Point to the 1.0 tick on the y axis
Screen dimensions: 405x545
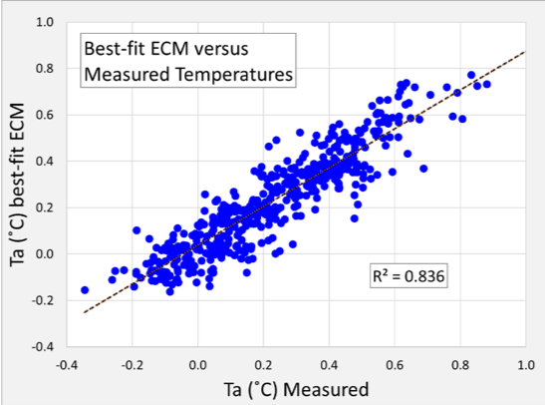[46, 21]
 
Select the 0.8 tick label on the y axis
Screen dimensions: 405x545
[46, 68]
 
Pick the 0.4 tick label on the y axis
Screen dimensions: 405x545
[46, 161]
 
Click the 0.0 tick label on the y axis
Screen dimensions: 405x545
[46, 253]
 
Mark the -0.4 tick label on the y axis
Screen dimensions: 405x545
[44, 346]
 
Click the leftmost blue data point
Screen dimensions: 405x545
[85, 290]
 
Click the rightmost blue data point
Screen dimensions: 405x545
[487, 84]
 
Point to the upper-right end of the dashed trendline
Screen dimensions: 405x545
[524, 52]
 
